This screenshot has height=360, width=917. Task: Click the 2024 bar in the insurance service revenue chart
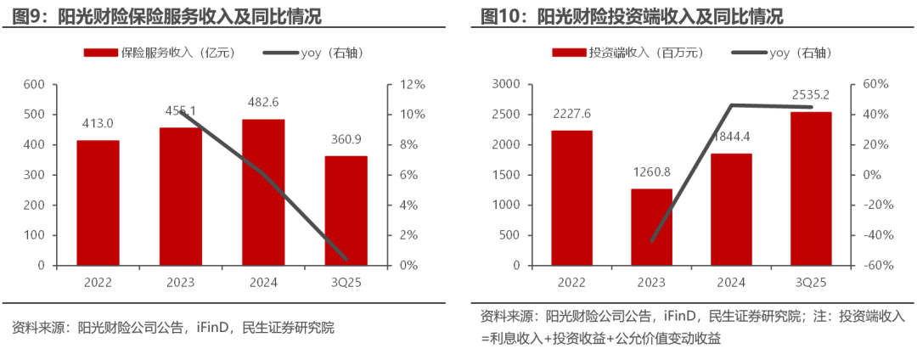pyautogui.click(x=263, y=192)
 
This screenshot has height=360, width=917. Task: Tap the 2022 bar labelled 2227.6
pyautogui.click(x=572, y=198)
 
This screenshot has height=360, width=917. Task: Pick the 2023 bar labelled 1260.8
pyautogui.click(x=651, y=227)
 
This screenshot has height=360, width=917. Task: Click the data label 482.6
pyautogui.click(x=263, y=101)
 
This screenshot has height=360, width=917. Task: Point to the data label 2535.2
pyautogui.click(x=810, y=94)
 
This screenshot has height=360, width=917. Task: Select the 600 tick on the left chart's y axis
pyautogui.click(x=34, y=85)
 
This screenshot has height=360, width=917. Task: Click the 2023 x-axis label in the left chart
pyautogui.click(x=181, y=282)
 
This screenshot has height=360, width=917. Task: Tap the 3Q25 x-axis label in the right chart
pyautogui.click(x=810, y=282)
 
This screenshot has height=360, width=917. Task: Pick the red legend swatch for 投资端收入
pyautogui.click(x=569, y=53)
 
